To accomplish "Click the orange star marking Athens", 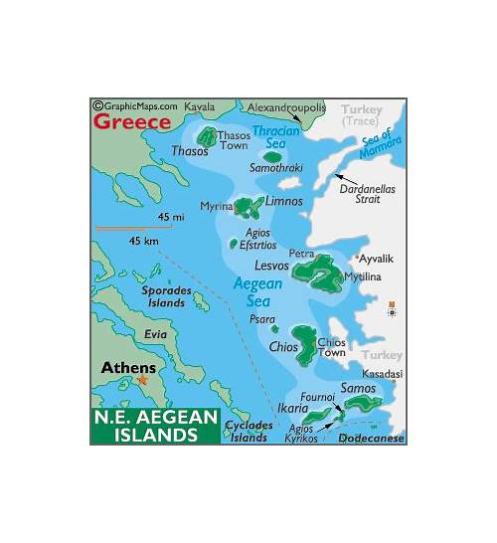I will click(142, 380).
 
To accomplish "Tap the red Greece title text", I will click(131, 122).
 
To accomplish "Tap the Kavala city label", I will click(200, 105).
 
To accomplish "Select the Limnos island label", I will click(283, 202).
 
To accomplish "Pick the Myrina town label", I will click(216, 206).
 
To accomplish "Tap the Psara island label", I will click(262, 320).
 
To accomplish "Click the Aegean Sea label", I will click(257, 290).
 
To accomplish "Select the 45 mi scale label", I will click(170, 217).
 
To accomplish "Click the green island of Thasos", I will click(208, 136).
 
